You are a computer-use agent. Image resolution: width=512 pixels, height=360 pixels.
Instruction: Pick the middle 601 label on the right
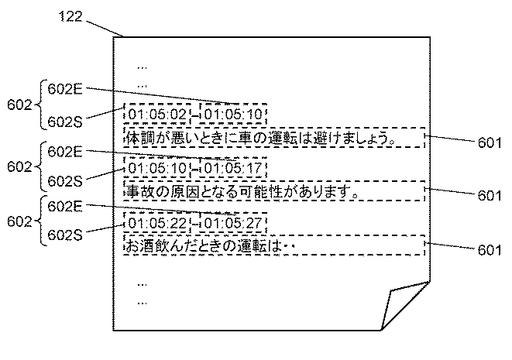pos(490,195)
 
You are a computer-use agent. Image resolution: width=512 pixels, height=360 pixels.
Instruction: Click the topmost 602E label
pos(64,87)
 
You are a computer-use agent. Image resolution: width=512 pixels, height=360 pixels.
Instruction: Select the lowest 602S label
pos(64,231)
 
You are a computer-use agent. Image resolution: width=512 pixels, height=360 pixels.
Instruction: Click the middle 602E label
pos(64,151)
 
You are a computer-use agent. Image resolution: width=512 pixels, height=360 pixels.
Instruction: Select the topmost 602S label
pos(64,120)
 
